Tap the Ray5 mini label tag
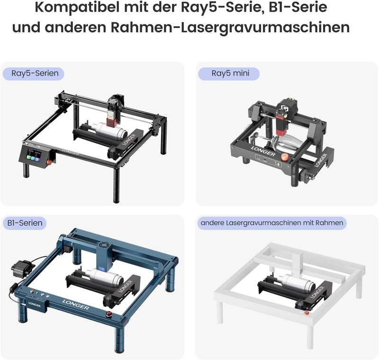coord(229,73)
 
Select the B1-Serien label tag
coord(25,222)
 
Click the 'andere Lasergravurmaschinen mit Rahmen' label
coord(271,222)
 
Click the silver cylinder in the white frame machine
coord(290,282)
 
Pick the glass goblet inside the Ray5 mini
coord(279,143)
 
